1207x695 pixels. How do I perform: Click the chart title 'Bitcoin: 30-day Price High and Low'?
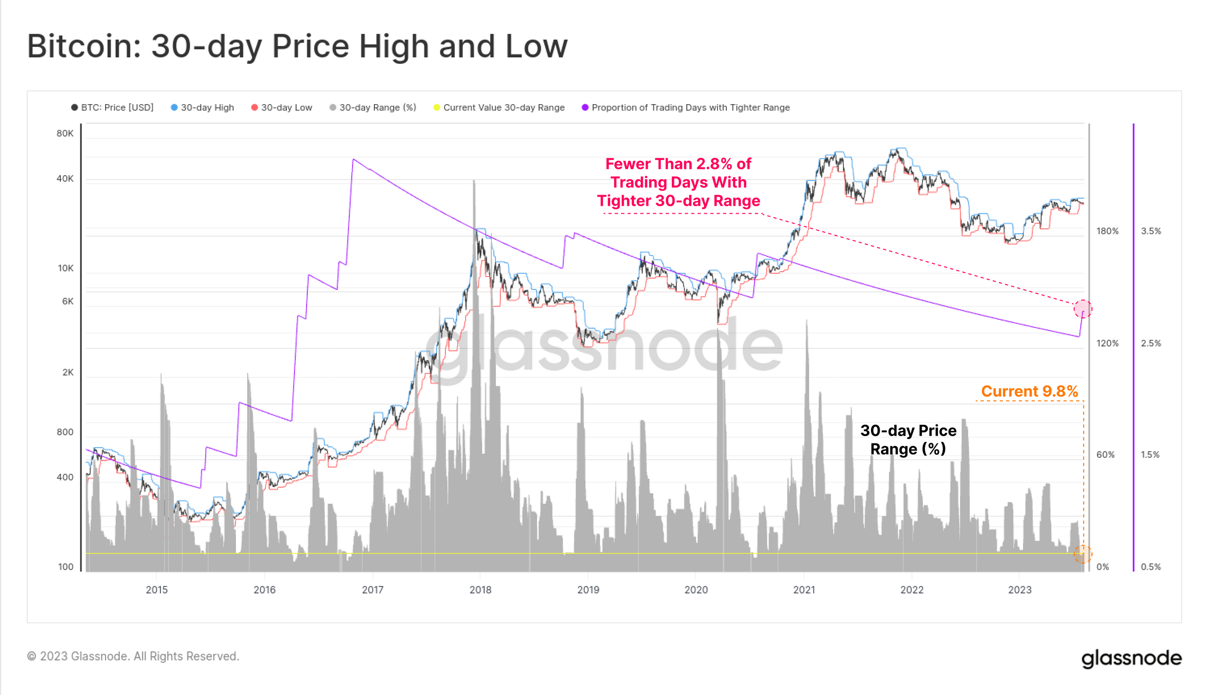(x=297, y=46)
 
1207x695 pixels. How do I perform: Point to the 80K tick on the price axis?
(x=65, y=133)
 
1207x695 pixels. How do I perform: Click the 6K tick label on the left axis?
(x=67, y=301)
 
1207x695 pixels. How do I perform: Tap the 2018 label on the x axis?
(x=480, y=589)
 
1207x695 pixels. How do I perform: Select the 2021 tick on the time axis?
(x=804, y=589)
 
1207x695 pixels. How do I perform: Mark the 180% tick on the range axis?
(x=1107, y=231)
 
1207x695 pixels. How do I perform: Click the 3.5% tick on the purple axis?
(x=1151, y=231)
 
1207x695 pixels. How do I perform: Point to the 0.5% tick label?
(x=1151, y=567)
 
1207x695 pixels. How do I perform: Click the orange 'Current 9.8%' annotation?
(x=1029, y=391)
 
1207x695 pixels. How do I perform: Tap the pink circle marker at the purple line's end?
(x=1083, y=308)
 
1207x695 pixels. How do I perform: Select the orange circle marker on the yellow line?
(x=1083, y=554)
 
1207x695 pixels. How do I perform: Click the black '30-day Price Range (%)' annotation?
(x=908, y=440)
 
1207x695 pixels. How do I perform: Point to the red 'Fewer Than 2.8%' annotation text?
(x=678, y=182)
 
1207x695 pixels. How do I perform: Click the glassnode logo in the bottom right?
(x=1131, y=658)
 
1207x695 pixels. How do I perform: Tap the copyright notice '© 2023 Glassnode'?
(x=133, y=656)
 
